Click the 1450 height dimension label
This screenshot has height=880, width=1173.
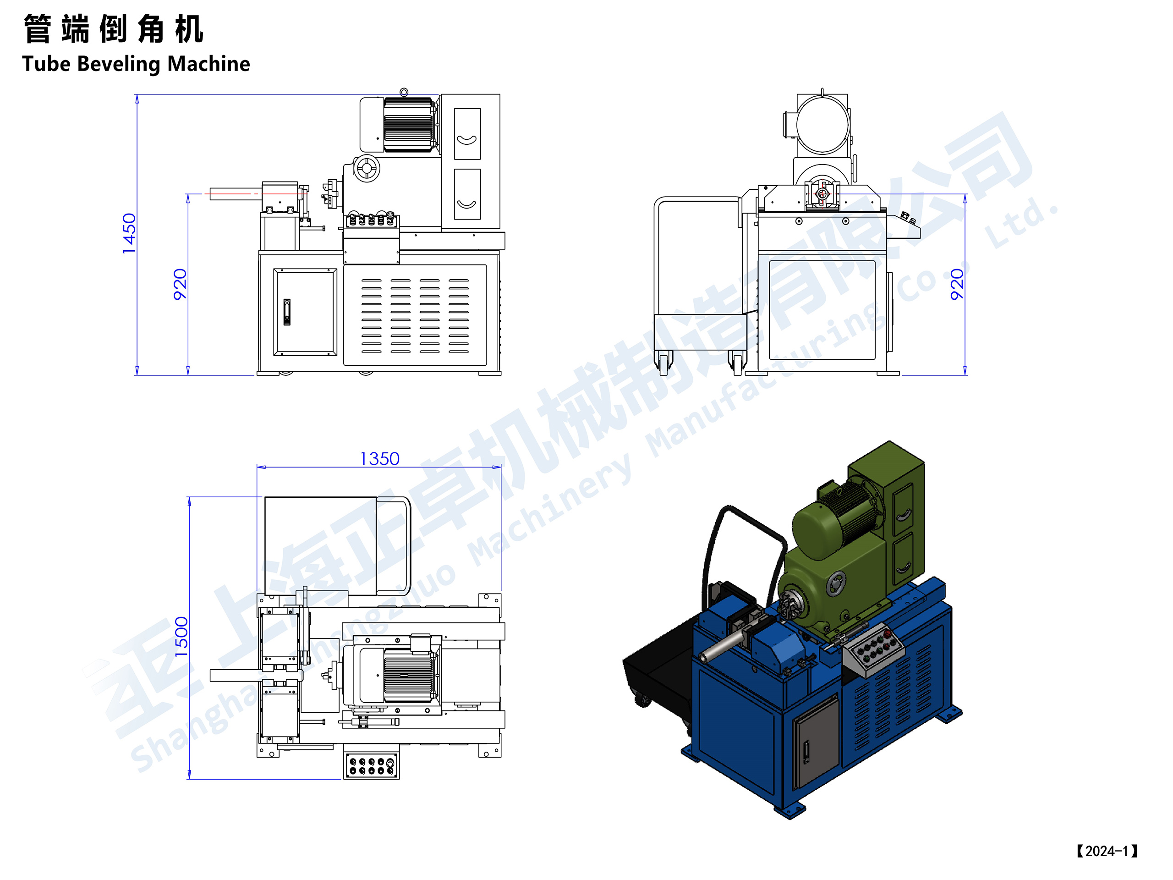point(129,233)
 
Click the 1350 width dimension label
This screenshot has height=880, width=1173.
point(380,459)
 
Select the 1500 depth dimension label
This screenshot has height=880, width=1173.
point(181,637)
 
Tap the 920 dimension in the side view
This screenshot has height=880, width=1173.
point(957,284)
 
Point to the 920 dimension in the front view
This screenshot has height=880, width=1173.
point(180,284)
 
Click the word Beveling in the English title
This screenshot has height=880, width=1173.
point(119,64)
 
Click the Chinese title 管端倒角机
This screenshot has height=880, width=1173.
point(114,29)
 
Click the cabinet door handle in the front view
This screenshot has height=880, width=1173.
point(287,312)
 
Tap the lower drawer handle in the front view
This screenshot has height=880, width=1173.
point(466,203)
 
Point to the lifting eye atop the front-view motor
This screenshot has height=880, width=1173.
point(404,92)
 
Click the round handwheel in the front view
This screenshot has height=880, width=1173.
point(367,168)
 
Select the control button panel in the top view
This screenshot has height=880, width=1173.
point(371,765)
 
